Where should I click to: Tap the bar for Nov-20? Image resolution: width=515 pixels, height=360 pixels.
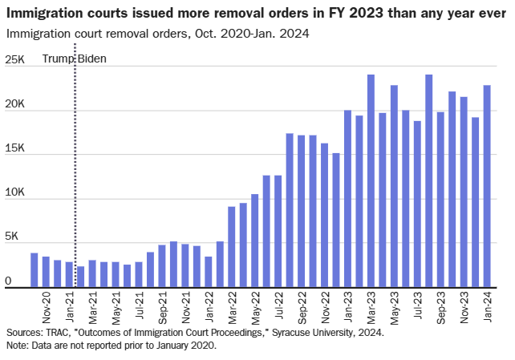[x=46, y=273]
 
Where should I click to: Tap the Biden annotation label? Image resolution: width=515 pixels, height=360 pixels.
[x=91, y=59]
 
